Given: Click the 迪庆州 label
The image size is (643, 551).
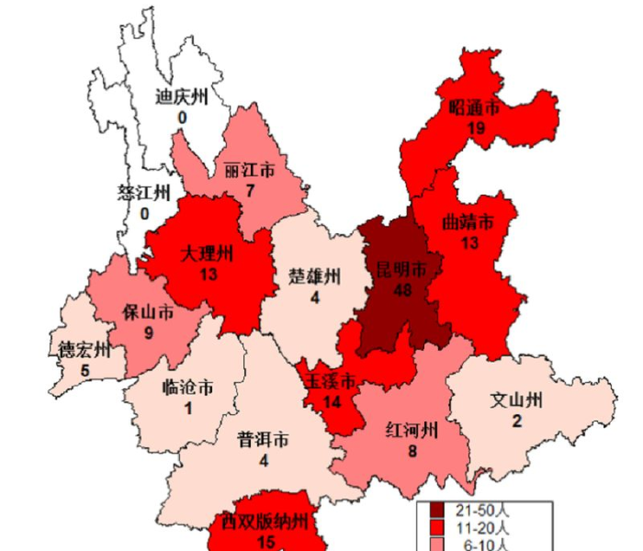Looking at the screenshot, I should [x=182, y=97].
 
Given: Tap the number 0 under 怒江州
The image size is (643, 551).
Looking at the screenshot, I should [x=144, y=213].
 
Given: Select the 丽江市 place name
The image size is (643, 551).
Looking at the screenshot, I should [x=249, y=172].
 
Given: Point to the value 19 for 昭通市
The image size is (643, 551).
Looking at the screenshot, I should [x=475, y=129].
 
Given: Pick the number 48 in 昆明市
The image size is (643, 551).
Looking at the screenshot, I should [x=401, y=290].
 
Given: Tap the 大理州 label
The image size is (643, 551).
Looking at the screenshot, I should [x=207, y=253].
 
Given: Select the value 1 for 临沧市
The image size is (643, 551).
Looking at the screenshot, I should [x=187, y=408].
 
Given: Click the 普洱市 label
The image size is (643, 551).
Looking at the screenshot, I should [x=264, y=441].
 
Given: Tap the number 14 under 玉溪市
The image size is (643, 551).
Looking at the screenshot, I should [x=332, y=401].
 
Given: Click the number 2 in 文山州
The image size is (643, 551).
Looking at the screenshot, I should [x=516, y=421].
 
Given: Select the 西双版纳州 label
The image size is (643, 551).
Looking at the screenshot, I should [x=267, y=523].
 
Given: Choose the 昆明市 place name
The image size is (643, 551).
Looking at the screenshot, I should [x=401, y=270].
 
